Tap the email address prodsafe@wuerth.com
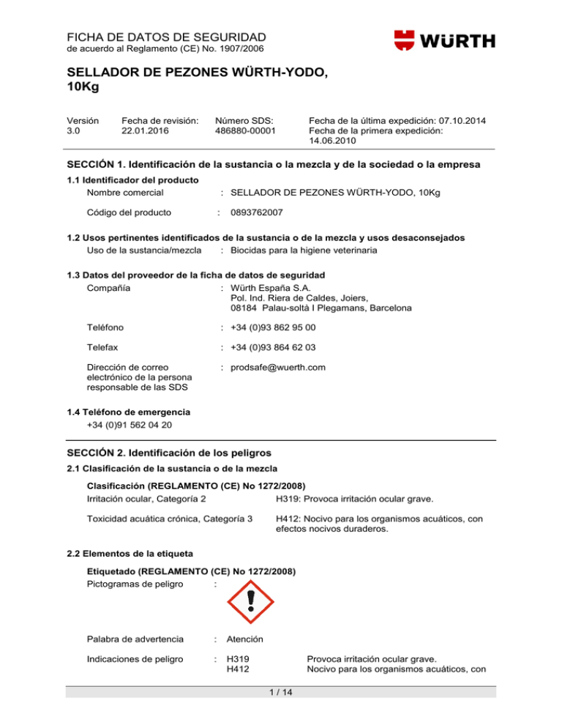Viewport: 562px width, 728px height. [278, 367]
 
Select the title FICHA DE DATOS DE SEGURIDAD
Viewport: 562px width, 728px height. [167, 36]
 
